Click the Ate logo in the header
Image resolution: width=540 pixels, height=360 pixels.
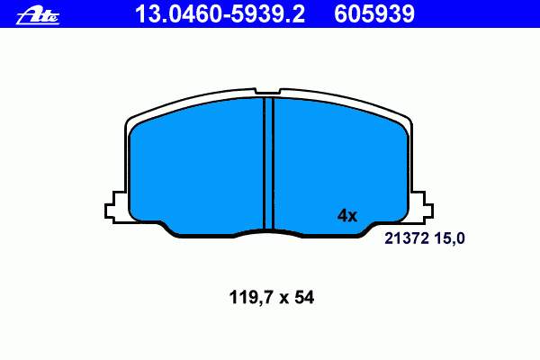tap(38, 16)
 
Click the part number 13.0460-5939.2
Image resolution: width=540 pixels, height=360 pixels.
tap(220, 14)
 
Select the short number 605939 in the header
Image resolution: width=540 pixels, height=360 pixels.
tap(374, 14)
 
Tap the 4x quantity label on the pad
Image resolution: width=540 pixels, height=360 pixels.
tap(347, 216)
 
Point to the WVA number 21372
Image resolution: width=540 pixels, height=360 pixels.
tap(407, 238)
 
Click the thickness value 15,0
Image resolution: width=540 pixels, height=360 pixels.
tap(449, 238)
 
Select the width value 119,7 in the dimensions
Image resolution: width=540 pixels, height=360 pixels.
tap(251, 297)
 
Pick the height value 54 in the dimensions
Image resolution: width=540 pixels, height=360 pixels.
tap(304, 297)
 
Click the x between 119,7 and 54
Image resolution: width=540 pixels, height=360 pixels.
tap(283, 299)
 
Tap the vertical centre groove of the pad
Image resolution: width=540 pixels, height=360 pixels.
tap(268, 164)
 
